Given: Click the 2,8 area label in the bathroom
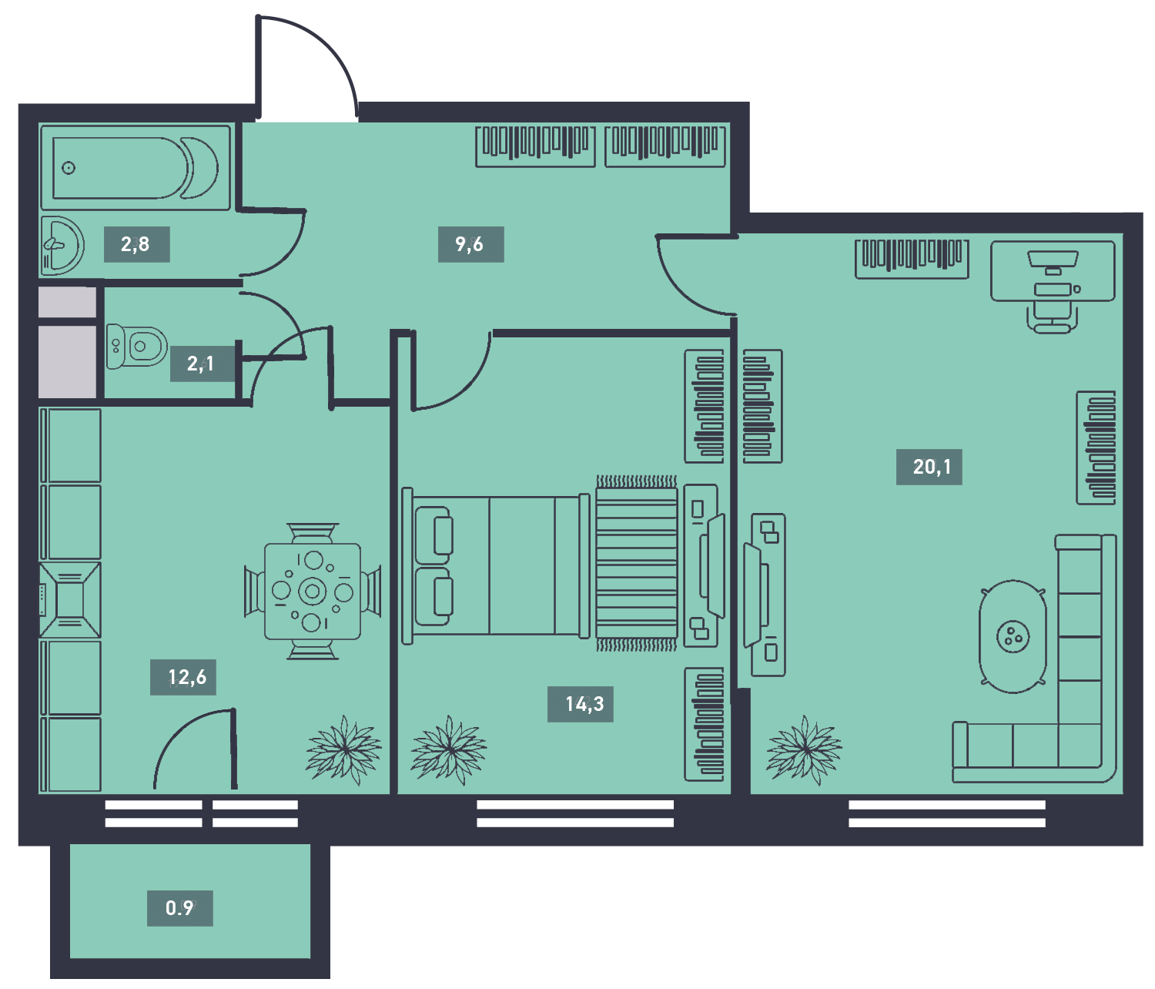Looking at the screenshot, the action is [136, 244].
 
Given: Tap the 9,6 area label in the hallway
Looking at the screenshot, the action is [470, 244].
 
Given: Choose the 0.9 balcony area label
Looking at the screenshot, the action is [180, 908].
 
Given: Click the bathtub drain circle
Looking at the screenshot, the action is [69, 168].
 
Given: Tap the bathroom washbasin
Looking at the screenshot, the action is [62, 246].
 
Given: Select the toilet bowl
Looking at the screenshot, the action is [136, 346].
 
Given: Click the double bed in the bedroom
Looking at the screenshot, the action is [496, 566].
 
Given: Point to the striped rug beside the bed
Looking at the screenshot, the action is [637, 563].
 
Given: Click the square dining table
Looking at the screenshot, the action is [313, 591].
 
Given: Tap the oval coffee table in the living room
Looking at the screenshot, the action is [1013, 636].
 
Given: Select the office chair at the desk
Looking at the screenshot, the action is [1052, 317].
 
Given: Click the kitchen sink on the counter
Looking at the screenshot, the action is [70, 600].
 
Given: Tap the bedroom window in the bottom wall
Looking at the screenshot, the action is [575, 813].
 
